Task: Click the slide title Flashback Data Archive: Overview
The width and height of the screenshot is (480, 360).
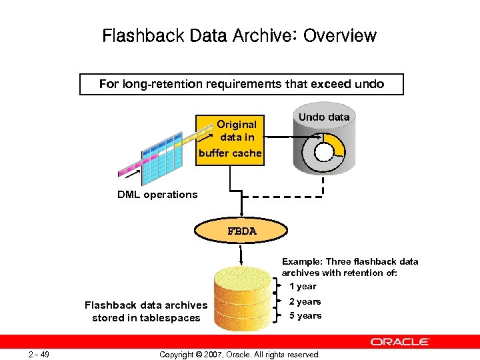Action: pos(239,35)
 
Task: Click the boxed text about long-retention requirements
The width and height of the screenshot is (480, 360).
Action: pos(241,84)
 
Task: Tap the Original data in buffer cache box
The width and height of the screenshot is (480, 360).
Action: pos(231,139)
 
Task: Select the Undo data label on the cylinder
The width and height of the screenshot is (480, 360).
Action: pos(323,117)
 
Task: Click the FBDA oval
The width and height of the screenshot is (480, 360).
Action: pos(241,231)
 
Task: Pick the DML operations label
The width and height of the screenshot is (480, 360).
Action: pos(157,195)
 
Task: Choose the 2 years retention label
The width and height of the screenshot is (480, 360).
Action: pos(305,302)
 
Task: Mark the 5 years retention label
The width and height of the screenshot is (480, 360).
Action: pos(305,316)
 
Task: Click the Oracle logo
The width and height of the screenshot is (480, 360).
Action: pos(400,341)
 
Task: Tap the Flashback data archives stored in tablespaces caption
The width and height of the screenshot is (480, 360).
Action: pos(146,311)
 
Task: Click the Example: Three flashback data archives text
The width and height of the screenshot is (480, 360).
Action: pos(350,267)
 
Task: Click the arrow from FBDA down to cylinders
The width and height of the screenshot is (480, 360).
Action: pos(241,253)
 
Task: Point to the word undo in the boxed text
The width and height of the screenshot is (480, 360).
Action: pos(369,84)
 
